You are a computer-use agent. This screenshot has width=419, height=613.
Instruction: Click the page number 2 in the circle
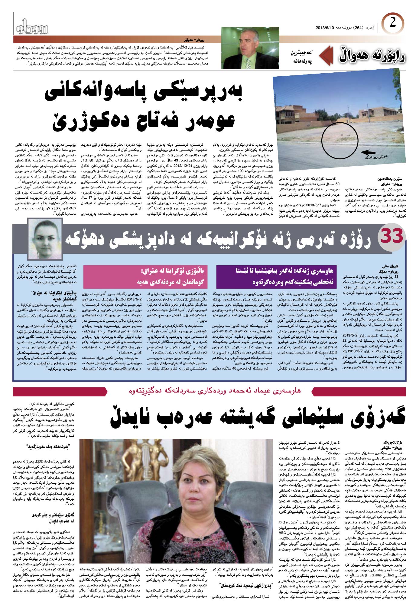tap(392, 23)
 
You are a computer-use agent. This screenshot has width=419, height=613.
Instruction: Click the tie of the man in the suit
tap(248, 62)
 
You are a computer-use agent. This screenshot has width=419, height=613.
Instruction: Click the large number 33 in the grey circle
tap(392, 236)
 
